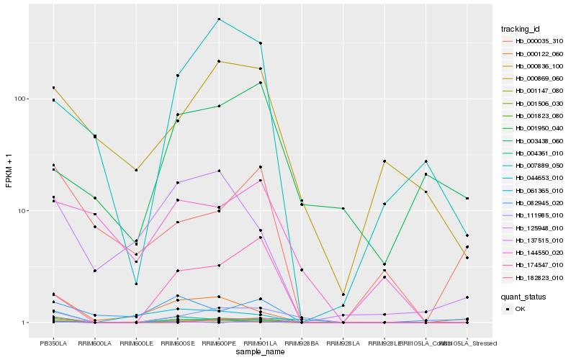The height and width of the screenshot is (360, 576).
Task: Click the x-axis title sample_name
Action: click(259, 352)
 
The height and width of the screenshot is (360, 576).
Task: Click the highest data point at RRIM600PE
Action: click(219, 19)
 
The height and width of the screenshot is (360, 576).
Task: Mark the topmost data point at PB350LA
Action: click(53, 88)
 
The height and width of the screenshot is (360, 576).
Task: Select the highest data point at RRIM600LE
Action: click(136, 170)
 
